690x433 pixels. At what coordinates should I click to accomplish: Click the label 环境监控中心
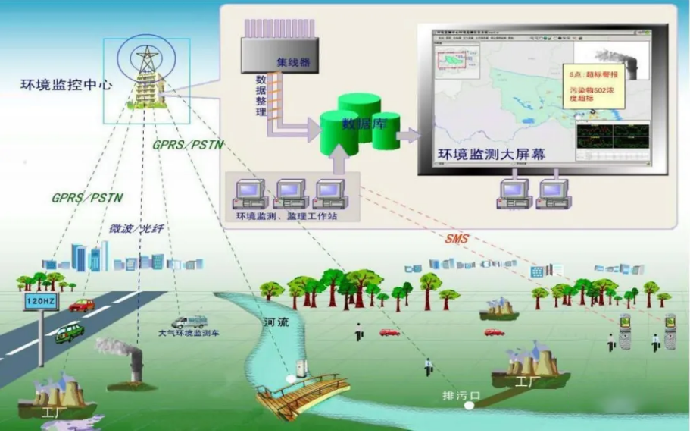pyautogui.click(x=67, y=85)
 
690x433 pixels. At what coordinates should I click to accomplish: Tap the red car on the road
pyautogui.click(x=82, y=305)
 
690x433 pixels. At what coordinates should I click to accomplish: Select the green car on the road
pyautogui.click(x=70, y=332)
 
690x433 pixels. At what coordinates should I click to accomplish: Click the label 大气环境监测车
pyautogui.click(x=188, y=333)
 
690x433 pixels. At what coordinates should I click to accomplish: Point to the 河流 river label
pyautogui.click(x=276, y=322)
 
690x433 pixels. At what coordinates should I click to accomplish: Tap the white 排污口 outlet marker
pyautogui.click(x=470, y=405)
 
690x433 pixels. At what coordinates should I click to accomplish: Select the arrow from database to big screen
pyautogui.click(x=409, y=136)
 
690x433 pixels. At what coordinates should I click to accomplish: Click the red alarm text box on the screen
pyautogui.click(x=597, y=88)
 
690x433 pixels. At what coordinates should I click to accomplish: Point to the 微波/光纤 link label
pyautogui.click(x=137, y=229)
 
